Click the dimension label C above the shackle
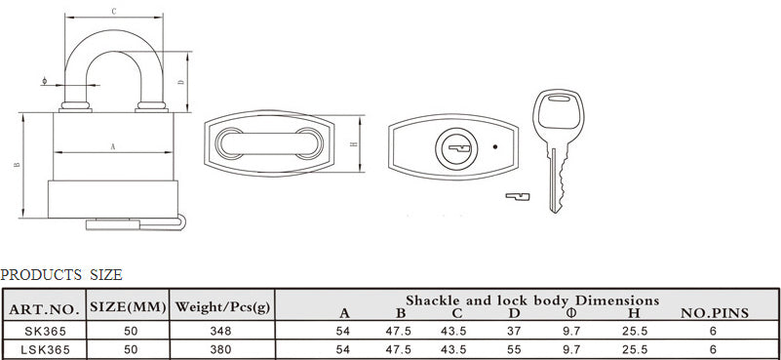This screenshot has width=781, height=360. click(x=113, y=12)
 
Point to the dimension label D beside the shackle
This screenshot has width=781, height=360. click(x=181, y=82)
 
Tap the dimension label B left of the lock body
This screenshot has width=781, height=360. click(x=17, y=165)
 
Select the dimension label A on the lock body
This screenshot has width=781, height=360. click(x=112, y=146)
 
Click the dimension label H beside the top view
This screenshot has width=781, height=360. click(x=354, y=144)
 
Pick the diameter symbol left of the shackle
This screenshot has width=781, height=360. click(x=45, y=81)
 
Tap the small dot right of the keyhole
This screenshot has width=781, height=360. click(x=494, y=146)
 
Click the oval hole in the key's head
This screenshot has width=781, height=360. click(x=559, y=99)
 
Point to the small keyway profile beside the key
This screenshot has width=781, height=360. click(x=518, y=196)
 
